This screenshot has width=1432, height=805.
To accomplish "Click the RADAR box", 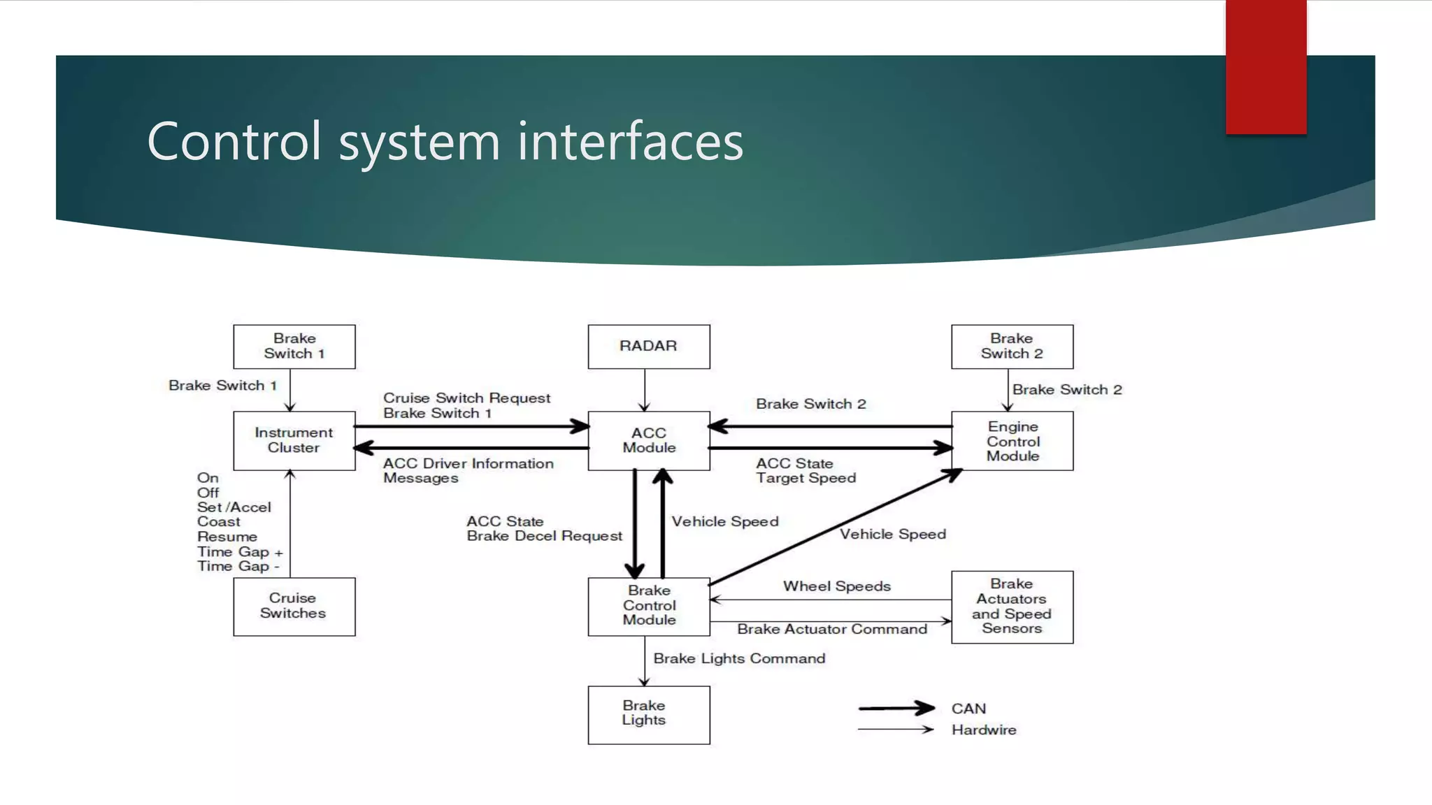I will (x=648, y=347).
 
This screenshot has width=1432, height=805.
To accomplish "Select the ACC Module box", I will (x=648, y=440).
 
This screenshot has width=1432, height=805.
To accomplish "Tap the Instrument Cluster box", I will (x=294, y=440).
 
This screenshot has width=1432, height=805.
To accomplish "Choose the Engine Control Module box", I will (x=1012, y=441).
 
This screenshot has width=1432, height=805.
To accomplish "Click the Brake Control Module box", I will (x=648, y=606).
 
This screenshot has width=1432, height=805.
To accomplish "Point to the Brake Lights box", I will (x=648, y=714).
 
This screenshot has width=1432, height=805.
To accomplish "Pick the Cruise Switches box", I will (x=294, y=606).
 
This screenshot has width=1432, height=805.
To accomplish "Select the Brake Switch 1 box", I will (x=294, y=347).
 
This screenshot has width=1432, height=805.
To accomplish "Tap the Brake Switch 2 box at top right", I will (x=1012, y=347).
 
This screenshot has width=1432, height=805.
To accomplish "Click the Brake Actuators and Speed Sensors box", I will (x=1012, y=607).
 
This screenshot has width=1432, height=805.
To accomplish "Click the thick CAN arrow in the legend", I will (x=896, y=709).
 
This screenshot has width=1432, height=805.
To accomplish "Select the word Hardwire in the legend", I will (x=983, y=730).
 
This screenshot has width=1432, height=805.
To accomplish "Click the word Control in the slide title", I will (x=234, y=142).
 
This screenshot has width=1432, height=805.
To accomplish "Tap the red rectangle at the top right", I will (x=1266, y=66).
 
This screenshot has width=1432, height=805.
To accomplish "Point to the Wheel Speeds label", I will (x=836, y=586).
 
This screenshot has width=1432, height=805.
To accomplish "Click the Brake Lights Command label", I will (x=739, y=658).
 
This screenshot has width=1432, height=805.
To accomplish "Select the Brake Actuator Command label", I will (x=832, y=629).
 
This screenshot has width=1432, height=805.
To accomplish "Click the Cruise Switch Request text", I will (x=466, y=398).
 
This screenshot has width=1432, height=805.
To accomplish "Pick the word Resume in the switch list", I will (x=227, y=537).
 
